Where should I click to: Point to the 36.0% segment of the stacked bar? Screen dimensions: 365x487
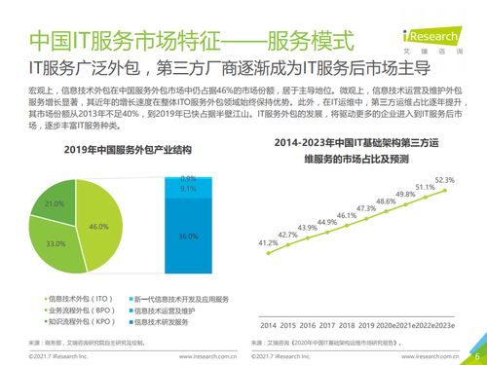189,236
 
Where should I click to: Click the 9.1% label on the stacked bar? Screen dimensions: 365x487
189,190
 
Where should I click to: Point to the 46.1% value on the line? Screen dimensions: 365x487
346,215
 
